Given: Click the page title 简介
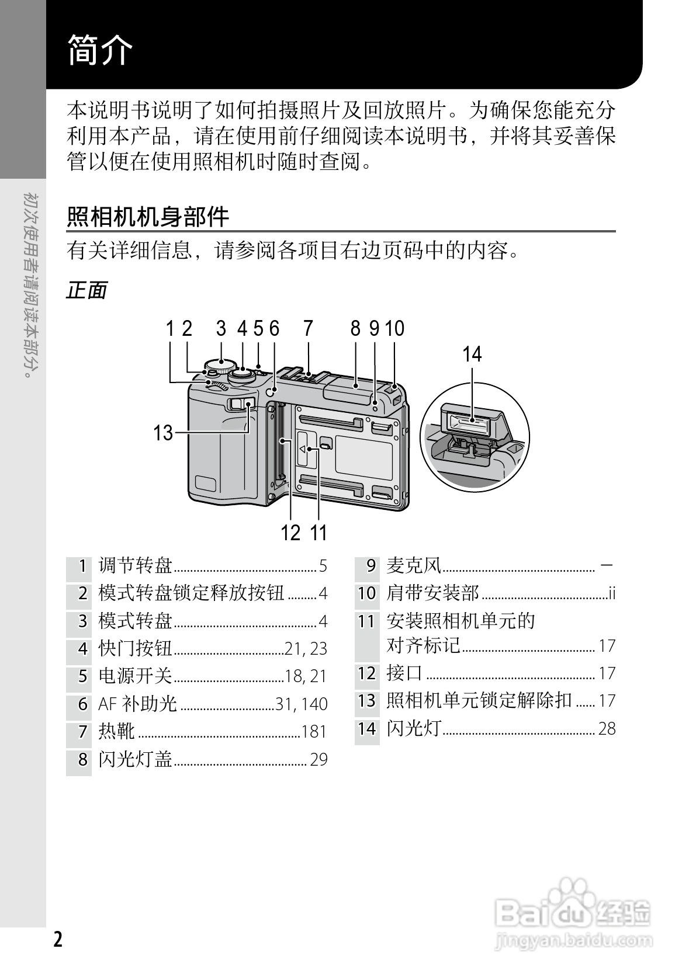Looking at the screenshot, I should pyautogui.click(x=101, y=51).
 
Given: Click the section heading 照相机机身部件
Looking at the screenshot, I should pyautogui.click(x=148, y=217).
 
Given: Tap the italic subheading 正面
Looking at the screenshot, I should pyautogui.click(x=86, y=290).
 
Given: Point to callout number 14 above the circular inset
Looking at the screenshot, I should pyautogui.click(x=472, y=354).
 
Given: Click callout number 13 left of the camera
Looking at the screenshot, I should pyautogui.click(x=163, y=433).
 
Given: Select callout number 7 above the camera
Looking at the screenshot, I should pyautogui.click(x=308, y=328).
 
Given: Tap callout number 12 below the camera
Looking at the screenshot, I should pyautogui.click(x=290, y=533).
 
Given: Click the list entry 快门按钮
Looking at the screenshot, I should pyautogui.click(x=136, y=648).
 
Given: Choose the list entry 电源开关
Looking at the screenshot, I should pyautogui.click(x=136, y=676).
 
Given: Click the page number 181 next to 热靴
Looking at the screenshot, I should pyautogui.click(x=314, y=732).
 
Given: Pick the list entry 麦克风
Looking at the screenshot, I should pyautogui.click(x=414, y=565).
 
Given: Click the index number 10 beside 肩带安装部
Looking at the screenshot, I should pyautogui.click(x=366, y=593).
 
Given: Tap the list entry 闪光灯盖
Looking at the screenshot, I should pyautogui.click(x=136, y=759).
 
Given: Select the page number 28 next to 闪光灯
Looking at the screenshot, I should pyautogui.click(x=607, y=729).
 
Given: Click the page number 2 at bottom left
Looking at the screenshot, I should pyautogui.click(x=57, y=940).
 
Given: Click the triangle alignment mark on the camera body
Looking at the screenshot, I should pyautogui.click(x=303, y=449).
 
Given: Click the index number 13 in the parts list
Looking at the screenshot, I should pyautogui.click(x=366, y=701).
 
